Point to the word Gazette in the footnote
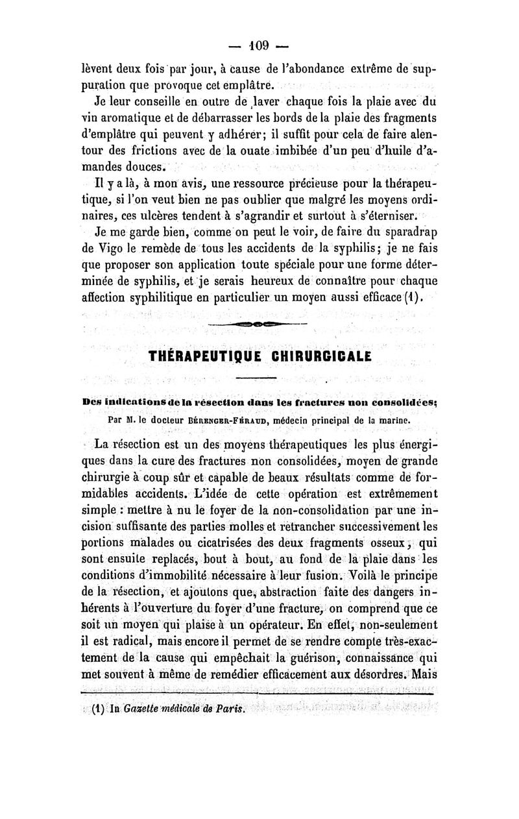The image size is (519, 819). click(x=143, y=722)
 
